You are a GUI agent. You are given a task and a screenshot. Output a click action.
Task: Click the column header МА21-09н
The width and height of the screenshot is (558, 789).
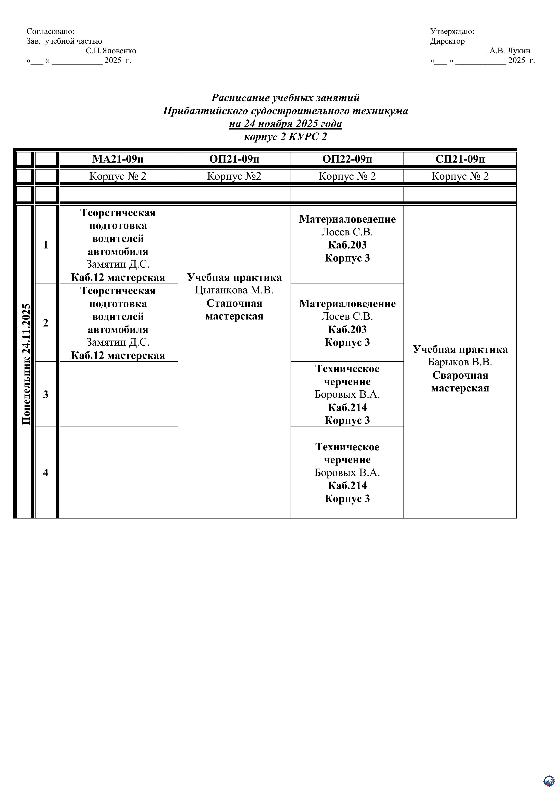118,159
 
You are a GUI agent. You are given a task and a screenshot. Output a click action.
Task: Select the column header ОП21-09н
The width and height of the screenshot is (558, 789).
234,159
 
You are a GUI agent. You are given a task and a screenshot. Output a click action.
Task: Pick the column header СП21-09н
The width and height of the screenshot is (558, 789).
460,159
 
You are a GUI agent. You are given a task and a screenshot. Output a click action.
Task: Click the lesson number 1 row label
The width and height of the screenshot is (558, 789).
46,245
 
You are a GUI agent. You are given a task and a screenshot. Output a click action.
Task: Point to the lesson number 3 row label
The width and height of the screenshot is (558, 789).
46,394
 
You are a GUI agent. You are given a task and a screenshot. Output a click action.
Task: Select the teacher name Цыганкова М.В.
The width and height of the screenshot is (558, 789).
234,290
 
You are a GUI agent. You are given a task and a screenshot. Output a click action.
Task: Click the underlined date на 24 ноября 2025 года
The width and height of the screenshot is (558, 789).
285,124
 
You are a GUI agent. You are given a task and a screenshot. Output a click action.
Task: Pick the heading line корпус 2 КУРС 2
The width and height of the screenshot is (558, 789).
285,137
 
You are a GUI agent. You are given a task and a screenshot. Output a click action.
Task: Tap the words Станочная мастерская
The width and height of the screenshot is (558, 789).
234,310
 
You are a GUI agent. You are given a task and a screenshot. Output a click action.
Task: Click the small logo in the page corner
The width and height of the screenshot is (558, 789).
549,780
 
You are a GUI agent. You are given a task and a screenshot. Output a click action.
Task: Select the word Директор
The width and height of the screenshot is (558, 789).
447,41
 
